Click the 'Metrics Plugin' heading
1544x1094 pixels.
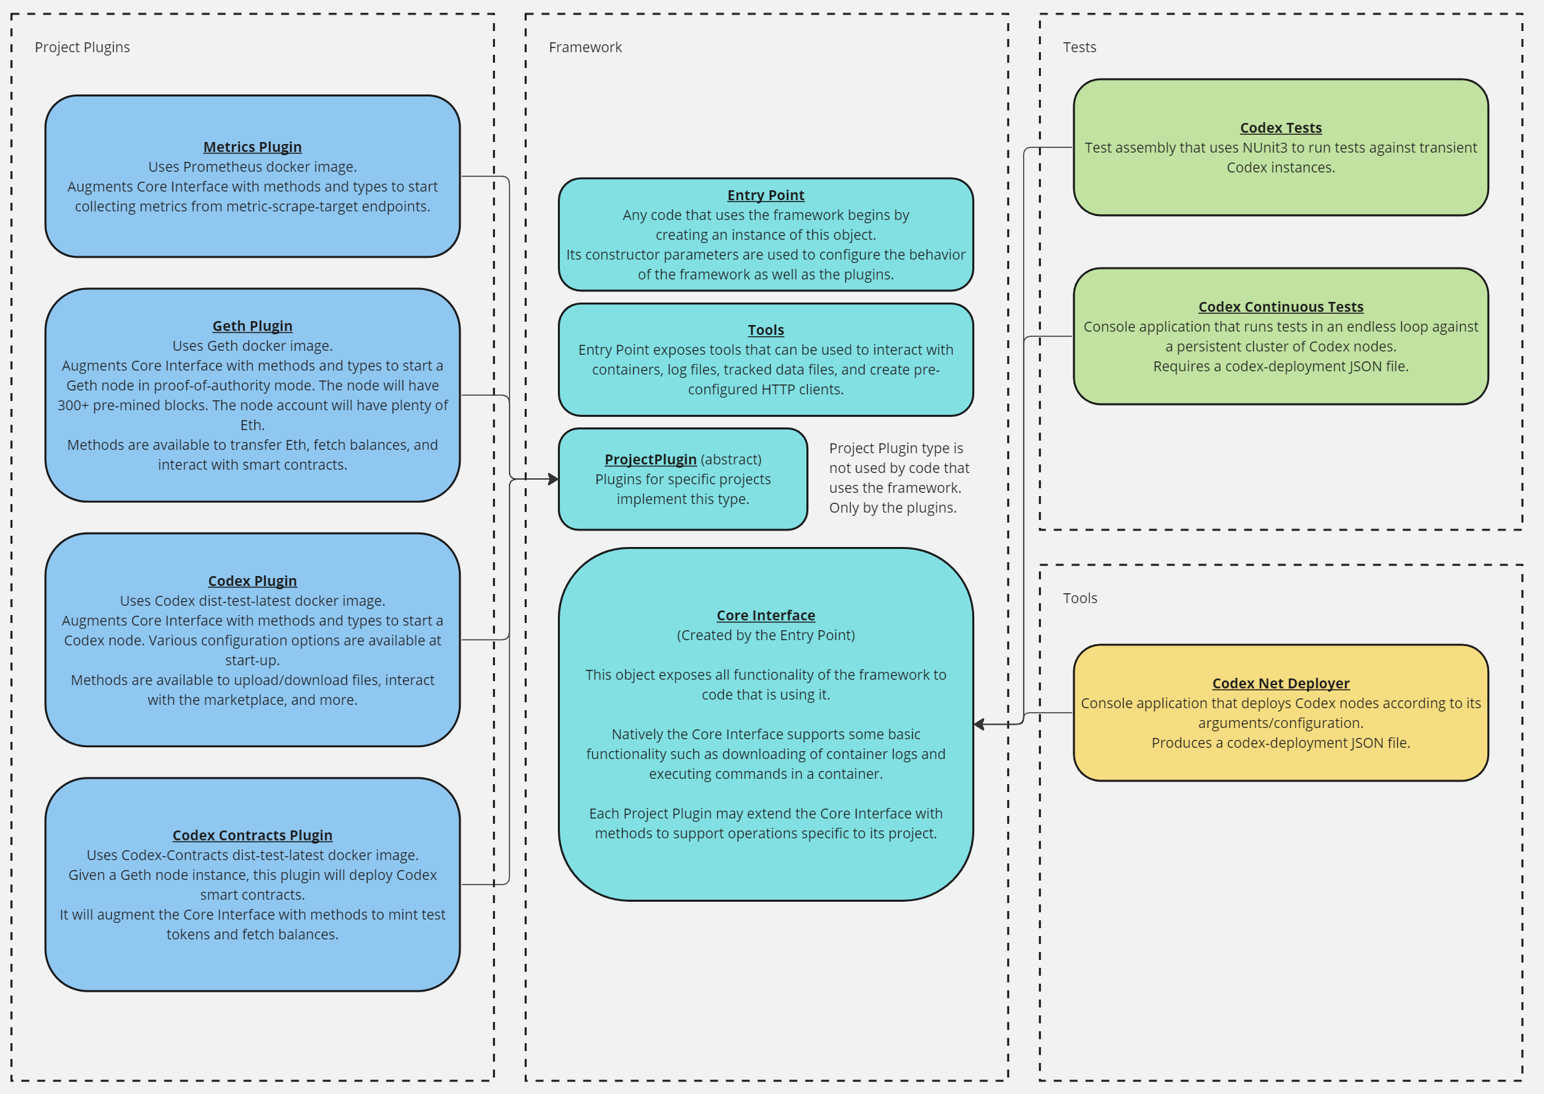click(x=252, y=147)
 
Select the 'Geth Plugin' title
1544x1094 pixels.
click(x=252, y=326)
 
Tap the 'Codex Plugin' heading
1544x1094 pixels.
click(x=252, y=581)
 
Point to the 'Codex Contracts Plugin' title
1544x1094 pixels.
click(x=252, y=835)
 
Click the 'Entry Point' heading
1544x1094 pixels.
click(x=765, y=196)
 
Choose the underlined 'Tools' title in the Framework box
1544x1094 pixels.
click(x=765, y=330)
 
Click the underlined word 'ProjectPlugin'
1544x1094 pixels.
click(x=650, y=459)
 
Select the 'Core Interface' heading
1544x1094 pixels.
click(x=765, y=616)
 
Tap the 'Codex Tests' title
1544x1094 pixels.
click(x=1280, y=128)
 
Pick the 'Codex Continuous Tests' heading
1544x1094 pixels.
click(x=1280, y=307)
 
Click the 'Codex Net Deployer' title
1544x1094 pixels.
click(x=1280, y=683)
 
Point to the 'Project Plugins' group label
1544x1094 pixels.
click(x=82, y=47)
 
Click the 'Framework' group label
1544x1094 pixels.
click(x=585, y=47)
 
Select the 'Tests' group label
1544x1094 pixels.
click(x=1079, y=47)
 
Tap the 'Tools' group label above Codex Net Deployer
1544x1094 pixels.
click(x=1079, y=598)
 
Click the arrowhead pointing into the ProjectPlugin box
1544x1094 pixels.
click(x=553, y=479)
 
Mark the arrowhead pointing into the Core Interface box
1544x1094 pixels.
click(x=980, y=724)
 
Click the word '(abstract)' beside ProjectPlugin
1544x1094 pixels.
click(x=730, y=459)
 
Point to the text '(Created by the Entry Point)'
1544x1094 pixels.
click(x=765, y=636)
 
